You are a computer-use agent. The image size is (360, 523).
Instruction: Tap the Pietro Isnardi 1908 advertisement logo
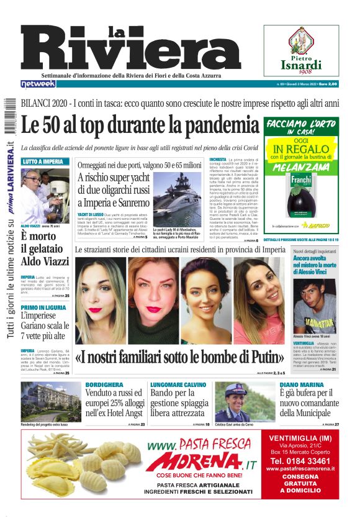click(x=301, y=52)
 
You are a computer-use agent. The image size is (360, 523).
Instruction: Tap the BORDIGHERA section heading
click(x=101, y=385)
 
